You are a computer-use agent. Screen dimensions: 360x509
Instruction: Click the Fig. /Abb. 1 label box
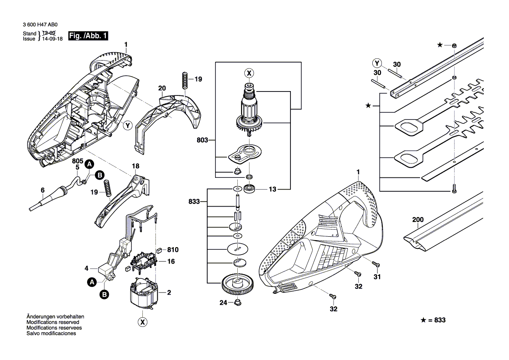[x=88, y=36]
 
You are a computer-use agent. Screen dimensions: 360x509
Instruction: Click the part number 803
[x=203, y=140]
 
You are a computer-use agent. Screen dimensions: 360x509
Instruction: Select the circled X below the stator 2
[x=142, y=322]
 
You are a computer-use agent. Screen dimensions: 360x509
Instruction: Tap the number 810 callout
[x=173, y=250]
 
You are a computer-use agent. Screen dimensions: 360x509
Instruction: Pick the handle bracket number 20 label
[x=162, y=88]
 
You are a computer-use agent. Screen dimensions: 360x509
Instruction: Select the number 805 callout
[x=77, y=161]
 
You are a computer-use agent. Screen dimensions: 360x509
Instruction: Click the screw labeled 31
[x=375, y=263]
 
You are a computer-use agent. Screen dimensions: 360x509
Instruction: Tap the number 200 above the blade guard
[x=418, y=220]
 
